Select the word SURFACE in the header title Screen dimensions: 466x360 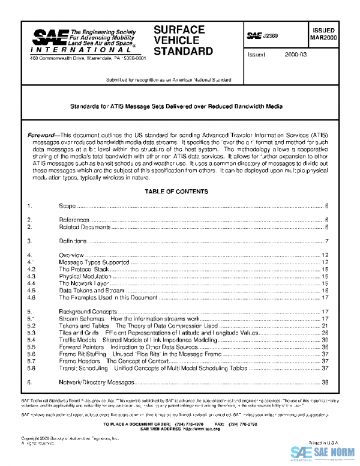click(179, 29)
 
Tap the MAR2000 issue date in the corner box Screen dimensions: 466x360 click(323, 38)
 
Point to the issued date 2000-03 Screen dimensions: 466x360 click(294, 55)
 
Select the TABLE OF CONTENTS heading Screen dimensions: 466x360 click(176, 192)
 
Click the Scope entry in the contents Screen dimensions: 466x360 click(67, 206)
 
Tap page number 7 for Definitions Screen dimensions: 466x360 click(327, 241)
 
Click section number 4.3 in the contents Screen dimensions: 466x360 click(32, 276)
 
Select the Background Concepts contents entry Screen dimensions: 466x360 click(88, 311)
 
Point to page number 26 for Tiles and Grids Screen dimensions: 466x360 click(325, 332)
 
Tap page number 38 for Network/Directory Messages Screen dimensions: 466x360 click(325, 382)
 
